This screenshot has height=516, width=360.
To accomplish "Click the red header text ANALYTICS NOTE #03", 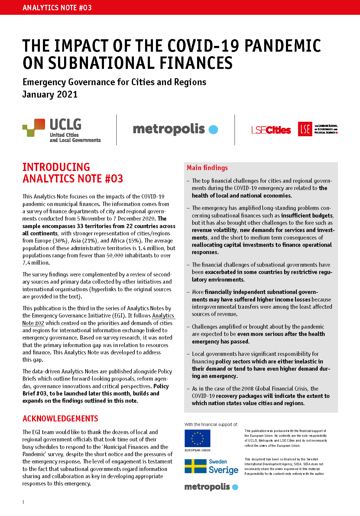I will (x=57, y=8).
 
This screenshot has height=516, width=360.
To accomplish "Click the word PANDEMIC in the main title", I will (x=282, y=46).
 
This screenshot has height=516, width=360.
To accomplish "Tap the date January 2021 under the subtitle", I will (x=50, y=95).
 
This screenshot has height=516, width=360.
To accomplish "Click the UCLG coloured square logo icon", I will (x=34, y=127).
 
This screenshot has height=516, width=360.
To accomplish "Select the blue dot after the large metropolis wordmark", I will (x=213, y=130).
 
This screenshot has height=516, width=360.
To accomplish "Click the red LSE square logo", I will (x=305, y=129).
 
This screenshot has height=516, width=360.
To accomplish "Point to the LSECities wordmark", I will (x=271, y=130).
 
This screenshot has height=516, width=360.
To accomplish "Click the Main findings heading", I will (x=207, y=168).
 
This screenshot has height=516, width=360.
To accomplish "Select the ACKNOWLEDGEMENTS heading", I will (x=60, y=419).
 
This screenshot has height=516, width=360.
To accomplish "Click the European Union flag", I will (x=197, y=438).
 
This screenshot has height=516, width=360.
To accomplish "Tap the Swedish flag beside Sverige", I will (x=195, y=466).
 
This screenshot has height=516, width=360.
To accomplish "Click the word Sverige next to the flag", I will (x=223, y=470).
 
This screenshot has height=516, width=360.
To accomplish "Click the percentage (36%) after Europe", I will (x=60, y=241).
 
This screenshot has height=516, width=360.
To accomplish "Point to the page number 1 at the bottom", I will (x=23, y=502).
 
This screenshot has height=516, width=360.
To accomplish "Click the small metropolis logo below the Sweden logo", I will (x=211, y=487).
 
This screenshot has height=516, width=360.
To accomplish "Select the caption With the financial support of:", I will (x=211, y=424).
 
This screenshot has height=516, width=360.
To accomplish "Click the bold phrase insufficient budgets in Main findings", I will (x=307, y=216).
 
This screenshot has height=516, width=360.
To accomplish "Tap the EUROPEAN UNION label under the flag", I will (x=197, y=450).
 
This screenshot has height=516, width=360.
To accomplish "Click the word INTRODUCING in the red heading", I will (x=56, y=167).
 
